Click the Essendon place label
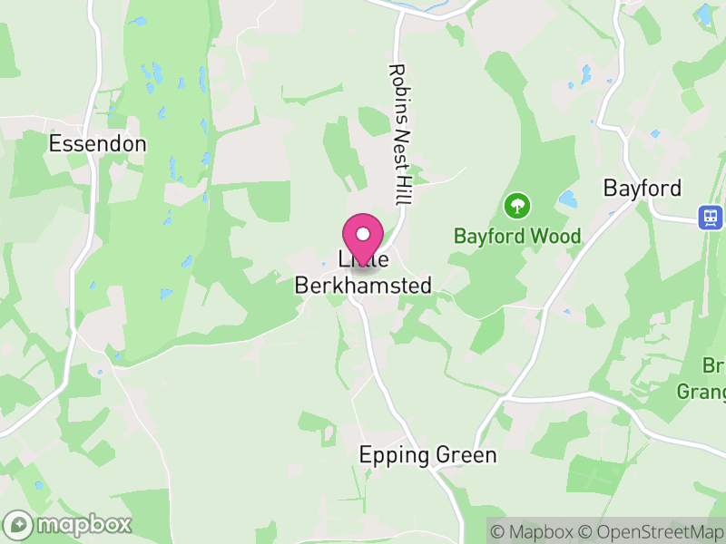[x=97, y=143]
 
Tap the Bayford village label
[x=642, y=189]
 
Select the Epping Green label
[x=428, y=454]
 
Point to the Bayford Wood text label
[x=517, y=237]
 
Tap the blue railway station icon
[x=711, y=217]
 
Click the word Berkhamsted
[x=363, y=286]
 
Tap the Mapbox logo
[x=69, y=524]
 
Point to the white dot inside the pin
[x=363, y=234]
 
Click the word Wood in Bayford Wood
[x=557, y=237]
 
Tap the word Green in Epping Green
[x=466, y=454]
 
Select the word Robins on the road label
[x=398, y=88]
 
